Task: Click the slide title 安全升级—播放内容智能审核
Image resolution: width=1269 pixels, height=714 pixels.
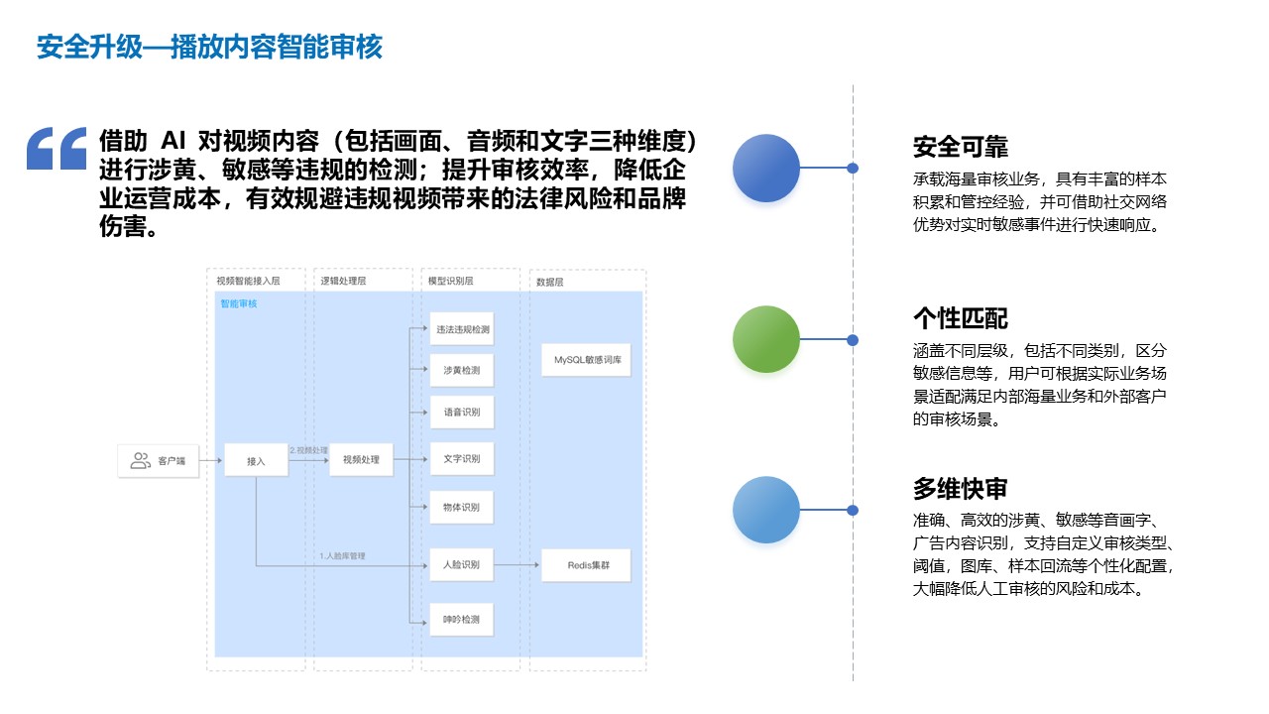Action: (x=209, y=47)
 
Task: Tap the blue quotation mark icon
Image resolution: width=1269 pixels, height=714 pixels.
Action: (x=57, y=149)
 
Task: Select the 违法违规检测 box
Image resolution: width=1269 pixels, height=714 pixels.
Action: (x=461, y=329)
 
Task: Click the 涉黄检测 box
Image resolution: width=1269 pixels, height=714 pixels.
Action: (x=461, y=370)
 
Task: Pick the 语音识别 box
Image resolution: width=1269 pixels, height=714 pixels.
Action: (x=461, y=412)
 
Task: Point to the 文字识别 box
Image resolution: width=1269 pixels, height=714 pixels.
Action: (x=461, y=459)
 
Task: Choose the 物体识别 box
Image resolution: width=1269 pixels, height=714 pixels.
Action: (x=461, y=507)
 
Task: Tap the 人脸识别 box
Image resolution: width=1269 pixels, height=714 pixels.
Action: (x=461, y=564)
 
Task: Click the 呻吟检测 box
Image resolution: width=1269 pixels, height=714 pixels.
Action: (x=461, y=619)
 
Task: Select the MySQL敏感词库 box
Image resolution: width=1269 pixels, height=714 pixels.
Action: (x=586, y=360)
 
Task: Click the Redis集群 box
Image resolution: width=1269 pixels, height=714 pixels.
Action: (x=586, y=564)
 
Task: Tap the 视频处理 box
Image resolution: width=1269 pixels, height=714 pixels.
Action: (x=361, y=459)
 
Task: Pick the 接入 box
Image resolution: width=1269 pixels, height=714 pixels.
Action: (x=256, y=460)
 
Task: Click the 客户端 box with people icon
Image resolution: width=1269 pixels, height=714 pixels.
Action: (x=159, y=460)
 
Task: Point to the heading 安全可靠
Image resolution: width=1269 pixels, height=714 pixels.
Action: (x=960, y=148)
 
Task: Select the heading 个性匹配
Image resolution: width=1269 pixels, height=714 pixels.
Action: (x=960, y=318)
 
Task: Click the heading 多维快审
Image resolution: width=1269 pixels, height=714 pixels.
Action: (x=960, y=489)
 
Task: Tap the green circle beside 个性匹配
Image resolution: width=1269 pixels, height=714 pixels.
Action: (x=766, y=339)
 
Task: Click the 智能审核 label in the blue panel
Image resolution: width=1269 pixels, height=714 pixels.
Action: (x=238, y=303)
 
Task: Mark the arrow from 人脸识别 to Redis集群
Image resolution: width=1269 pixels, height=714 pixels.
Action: (x=518, y=564)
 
